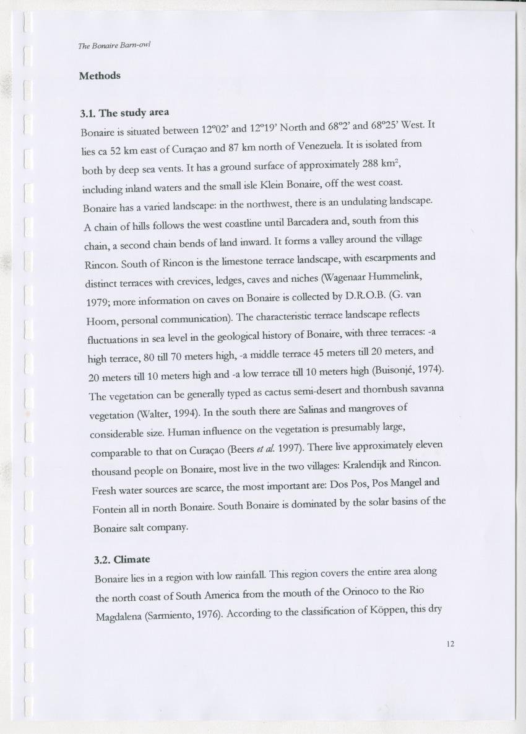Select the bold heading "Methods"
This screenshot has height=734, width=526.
[100, 76]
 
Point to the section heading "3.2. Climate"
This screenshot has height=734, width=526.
[122, 559]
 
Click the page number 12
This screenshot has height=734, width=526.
[450, 644]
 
